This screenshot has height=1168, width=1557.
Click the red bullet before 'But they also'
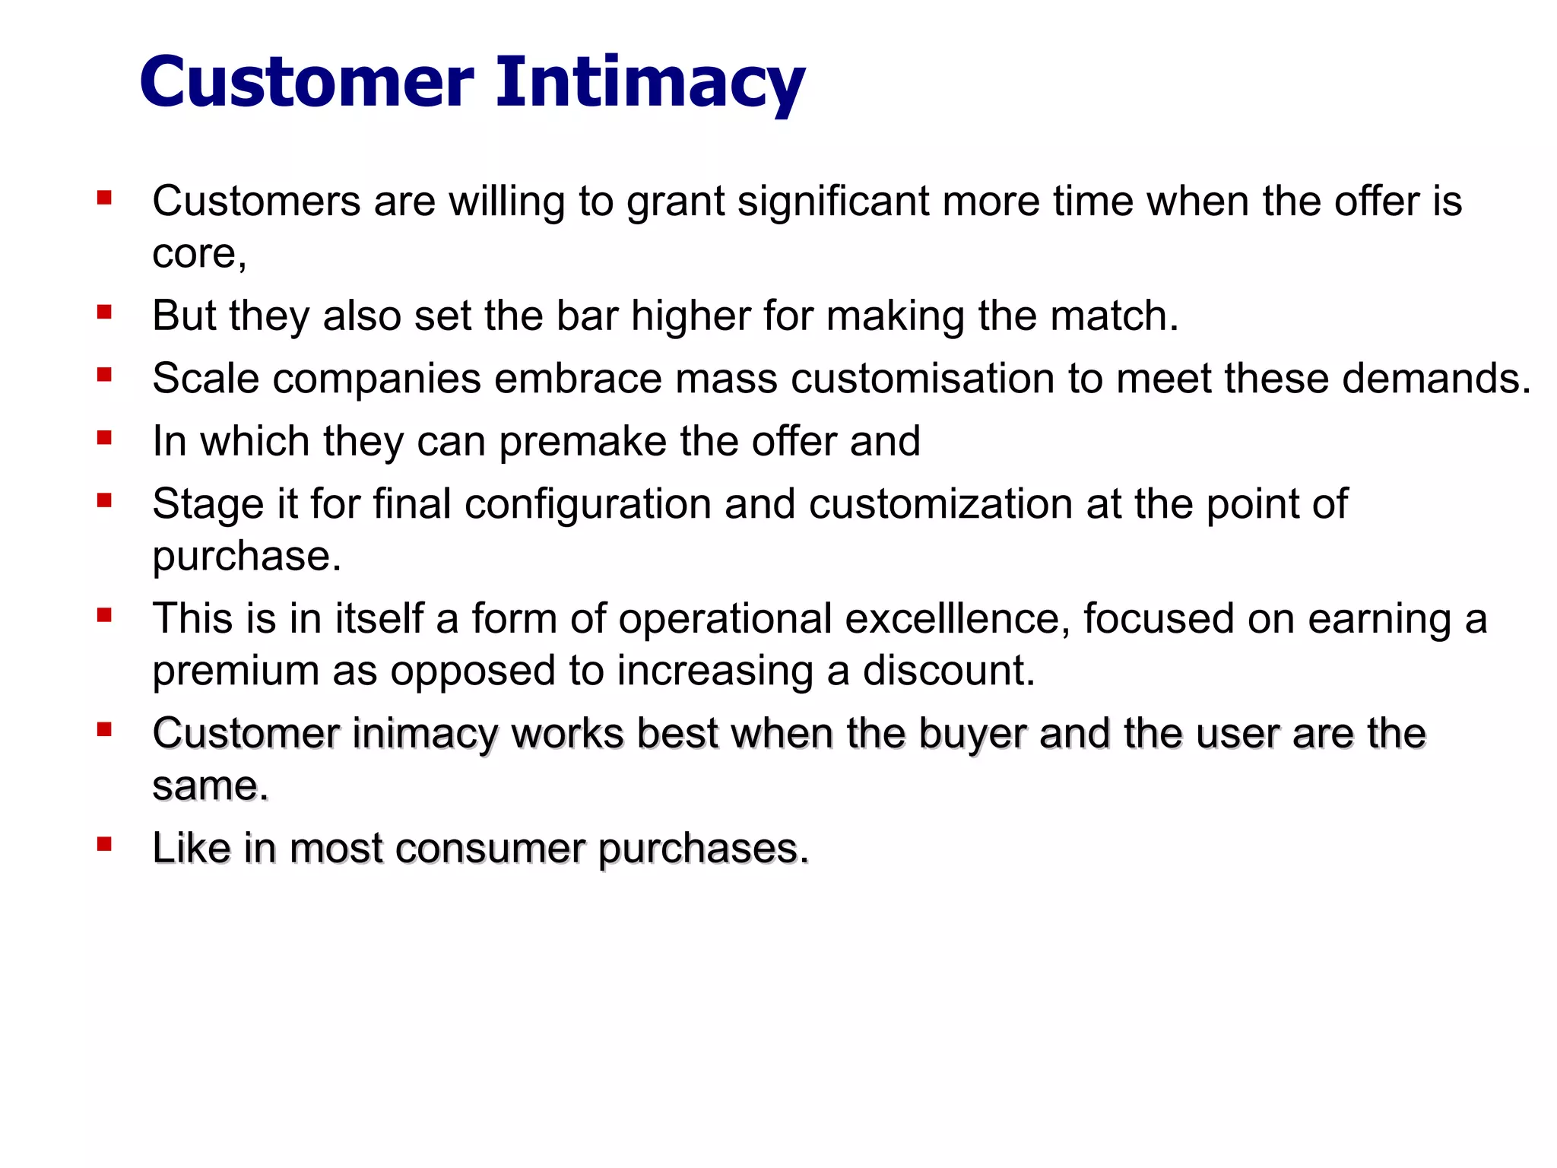(x=105, y=312)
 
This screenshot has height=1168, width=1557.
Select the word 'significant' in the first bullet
(x=833, y=202)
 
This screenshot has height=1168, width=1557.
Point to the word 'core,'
(x=199, y=255)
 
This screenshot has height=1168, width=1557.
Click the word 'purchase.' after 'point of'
(x=247, y=557)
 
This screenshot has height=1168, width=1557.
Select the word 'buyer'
(x=972, y=735)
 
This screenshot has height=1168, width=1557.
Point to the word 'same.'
(x=211, y=786)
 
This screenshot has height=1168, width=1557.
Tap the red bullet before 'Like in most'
(x=105, y=844)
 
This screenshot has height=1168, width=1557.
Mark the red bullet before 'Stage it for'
(x=105, y=500)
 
